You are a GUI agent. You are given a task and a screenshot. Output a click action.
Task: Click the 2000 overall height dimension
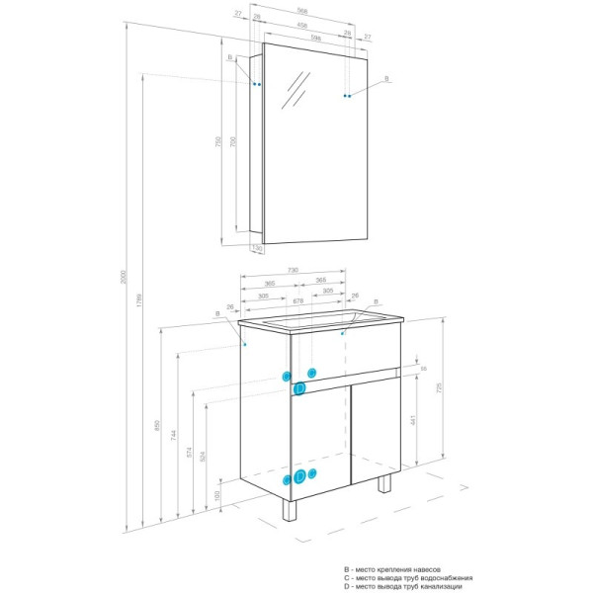point(124,280)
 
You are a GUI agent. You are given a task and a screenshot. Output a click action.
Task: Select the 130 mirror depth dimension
point(255,248)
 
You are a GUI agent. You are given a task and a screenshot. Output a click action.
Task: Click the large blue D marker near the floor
point(299,477)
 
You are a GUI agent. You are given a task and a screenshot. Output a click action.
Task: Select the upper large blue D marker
point(299,389)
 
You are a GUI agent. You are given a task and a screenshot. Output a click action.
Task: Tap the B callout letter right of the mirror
point(386,78)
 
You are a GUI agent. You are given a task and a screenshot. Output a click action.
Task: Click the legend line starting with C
point(407,578)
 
